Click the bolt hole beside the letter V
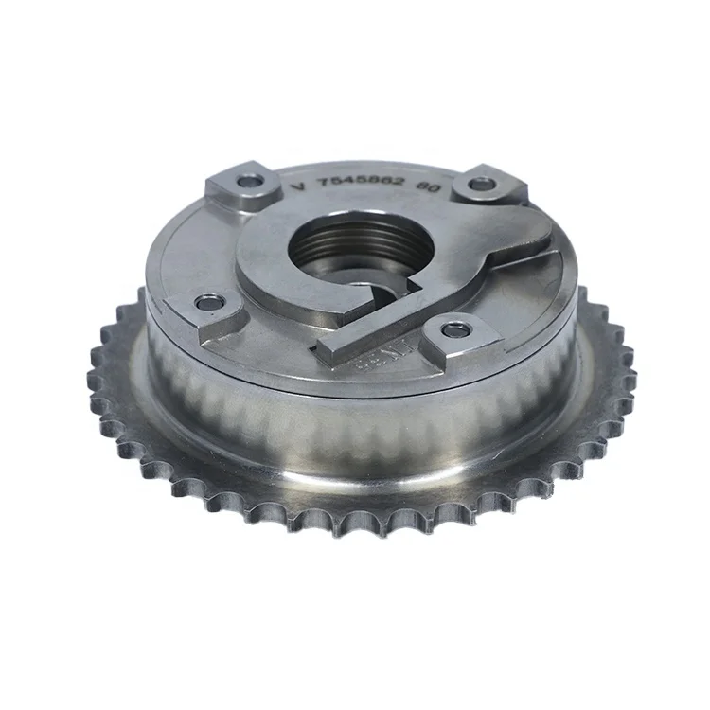(249, 180)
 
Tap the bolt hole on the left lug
(206, 303)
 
